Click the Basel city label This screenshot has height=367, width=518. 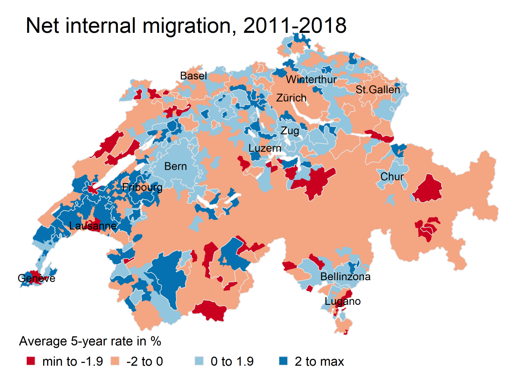tap(193, 76)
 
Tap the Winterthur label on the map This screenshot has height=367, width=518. tap(311, 80)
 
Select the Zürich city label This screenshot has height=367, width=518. tap(291, 98)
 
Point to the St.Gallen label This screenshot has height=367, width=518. tap(378, 90)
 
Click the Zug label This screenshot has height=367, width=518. tap(290, 131)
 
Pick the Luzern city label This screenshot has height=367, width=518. tap(265, 149)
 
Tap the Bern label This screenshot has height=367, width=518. tap(176, 166)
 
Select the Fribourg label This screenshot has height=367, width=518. tap(142, 187)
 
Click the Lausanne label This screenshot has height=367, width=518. tap(93, 226)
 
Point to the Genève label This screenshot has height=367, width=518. tap(37, 278)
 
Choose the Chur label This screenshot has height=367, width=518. tap(392, 177)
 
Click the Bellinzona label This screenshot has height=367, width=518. tap(345, 277)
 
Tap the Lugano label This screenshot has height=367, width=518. tap(343, 301)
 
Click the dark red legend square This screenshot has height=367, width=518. tap(31, 361)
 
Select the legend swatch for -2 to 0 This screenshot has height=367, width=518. tap(115, 361)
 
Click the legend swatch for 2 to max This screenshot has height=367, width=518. tap(282, 361)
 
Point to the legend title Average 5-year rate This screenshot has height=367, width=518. tap(90, 342)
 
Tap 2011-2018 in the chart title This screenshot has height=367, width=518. tap(295, 26)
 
